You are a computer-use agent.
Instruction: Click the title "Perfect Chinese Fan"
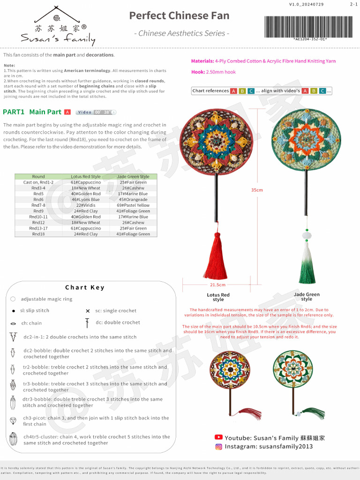(x=179, y=15)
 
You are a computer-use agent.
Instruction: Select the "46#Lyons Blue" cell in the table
(x=85, y=200)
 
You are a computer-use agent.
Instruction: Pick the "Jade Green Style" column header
(x=133, y=177)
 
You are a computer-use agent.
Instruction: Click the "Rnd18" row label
(x=38, y=234)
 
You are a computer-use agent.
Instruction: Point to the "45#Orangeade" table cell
(x=133, y=200)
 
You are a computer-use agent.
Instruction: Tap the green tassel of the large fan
(x=307, y=262)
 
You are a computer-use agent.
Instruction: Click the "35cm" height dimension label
(x=257, y=190)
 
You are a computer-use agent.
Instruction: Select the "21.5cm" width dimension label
(x=217, y=285)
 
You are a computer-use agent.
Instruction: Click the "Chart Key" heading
(x=85, y=287)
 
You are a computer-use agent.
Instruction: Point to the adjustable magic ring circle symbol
(x=13, y=299)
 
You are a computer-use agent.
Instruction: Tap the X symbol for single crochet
(x=88, y=311)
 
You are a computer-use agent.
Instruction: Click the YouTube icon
(x=218, y=437)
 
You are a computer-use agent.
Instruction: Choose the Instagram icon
(x=218, y=447)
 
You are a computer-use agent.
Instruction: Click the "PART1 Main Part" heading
(x=32, y=112)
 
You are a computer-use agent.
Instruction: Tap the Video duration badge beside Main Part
(x=96, y=112)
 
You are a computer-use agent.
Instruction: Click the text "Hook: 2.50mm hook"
(x=213, y=72)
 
